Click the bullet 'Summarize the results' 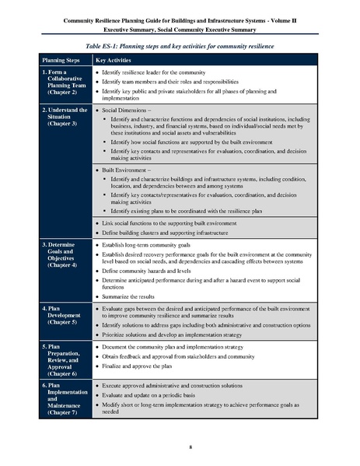[134, 297]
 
